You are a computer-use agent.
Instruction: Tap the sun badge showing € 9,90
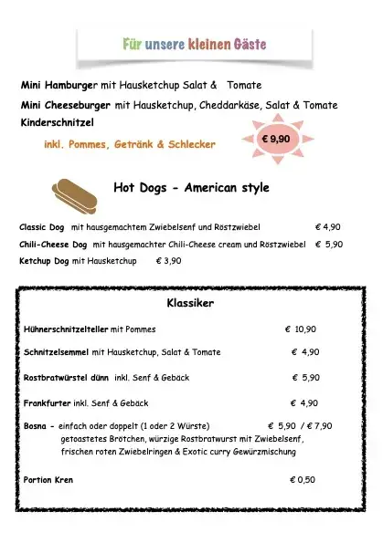[275, 140]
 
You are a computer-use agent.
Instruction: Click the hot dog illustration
[76, 193]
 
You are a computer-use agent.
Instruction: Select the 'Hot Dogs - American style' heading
[191, 188]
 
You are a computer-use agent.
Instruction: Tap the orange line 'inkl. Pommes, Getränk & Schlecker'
[130, 144]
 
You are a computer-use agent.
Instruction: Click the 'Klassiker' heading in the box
[190, 303]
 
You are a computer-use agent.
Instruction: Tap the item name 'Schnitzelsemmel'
[57, 352]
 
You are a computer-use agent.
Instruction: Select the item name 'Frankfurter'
[48, 402]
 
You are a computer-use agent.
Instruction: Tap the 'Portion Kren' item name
[48, 480]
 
